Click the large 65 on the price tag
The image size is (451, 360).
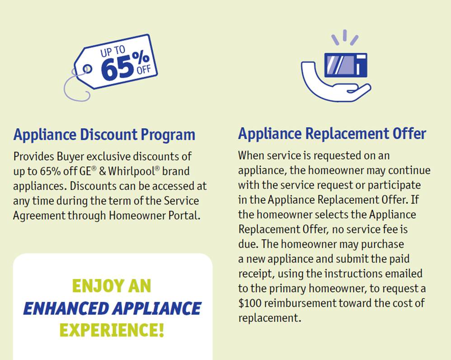pyautogui.click(x=118, y=69)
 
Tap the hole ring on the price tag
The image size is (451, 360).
pyautogui.click(x=87, y=69)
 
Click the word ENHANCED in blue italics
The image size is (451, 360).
pyautogui.click(x=66, y=308)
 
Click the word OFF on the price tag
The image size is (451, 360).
pyautogui.click(x=144, y=70)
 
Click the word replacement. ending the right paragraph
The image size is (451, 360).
pyautogui.click(x=269, y=318)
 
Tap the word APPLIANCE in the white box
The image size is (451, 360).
pyautogui.click(x=157, y=308)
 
